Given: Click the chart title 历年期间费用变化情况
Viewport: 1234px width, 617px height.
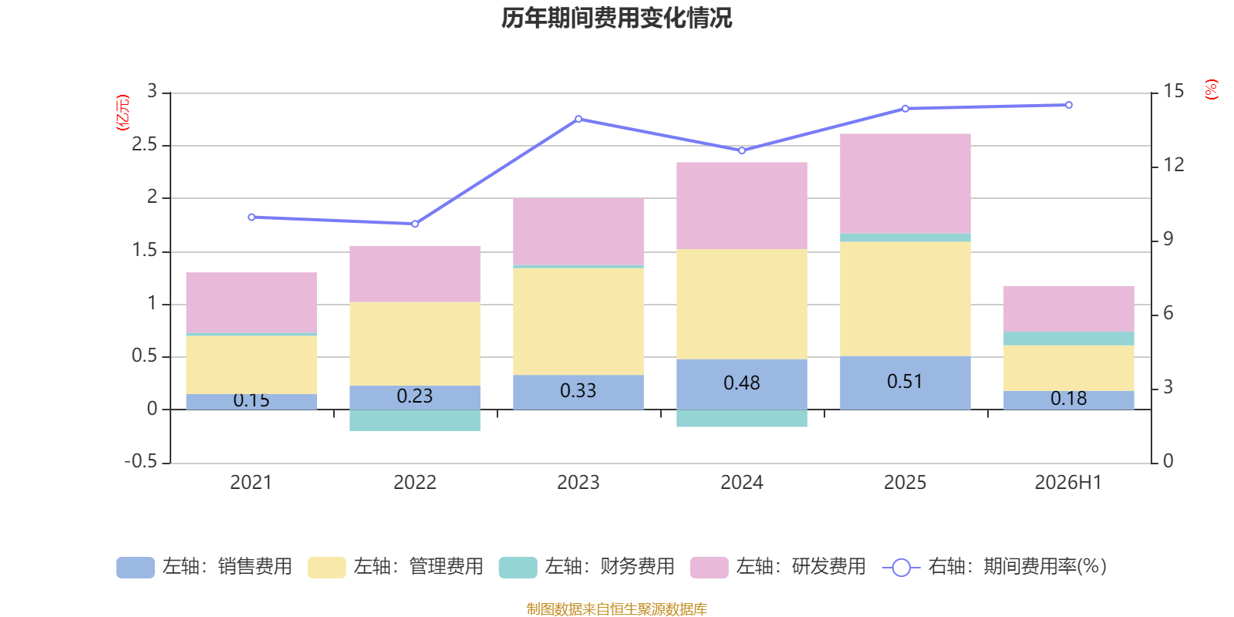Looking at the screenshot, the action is pos(616,18).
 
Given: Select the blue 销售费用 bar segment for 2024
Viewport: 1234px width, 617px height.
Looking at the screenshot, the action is pos(741,384).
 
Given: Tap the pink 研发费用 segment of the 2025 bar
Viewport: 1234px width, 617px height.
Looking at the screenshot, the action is pos(905,184).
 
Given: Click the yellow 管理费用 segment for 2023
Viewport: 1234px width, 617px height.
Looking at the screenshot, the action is pos(578,321).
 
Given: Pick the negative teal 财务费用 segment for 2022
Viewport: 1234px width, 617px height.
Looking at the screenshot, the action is pos(415,420).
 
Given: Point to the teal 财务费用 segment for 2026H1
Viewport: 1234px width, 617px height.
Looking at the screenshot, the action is pos(1069,339).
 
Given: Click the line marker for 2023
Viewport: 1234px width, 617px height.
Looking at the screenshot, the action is pos(578,119).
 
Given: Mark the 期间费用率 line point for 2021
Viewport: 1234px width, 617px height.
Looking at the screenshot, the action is pos(251,217).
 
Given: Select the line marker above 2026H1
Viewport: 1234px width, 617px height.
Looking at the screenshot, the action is pos(1069,105).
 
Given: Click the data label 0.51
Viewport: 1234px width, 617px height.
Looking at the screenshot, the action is pos(905,381).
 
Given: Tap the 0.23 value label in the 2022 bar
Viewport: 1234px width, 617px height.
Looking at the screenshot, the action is pos(415,396).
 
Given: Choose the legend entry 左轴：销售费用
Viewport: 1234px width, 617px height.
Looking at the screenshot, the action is pos(204,567).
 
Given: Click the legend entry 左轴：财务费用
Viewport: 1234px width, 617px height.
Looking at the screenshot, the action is pos(587,567).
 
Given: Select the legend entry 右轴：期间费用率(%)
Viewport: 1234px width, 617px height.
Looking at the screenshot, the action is pos(995,567).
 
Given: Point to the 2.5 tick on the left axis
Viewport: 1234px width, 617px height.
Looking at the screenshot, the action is pos(144,144).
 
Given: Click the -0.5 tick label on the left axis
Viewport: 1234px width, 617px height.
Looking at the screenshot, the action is pos(141,461).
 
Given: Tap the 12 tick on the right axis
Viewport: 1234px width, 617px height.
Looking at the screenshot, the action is pos(1173,165).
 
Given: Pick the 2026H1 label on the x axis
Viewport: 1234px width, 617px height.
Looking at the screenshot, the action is pos(1068,483).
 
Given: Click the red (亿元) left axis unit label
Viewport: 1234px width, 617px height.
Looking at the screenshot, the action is pos(123,113).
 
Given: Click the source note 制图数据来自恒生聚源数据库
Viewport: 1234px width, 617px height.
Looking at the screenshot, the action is pos(616,609).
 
